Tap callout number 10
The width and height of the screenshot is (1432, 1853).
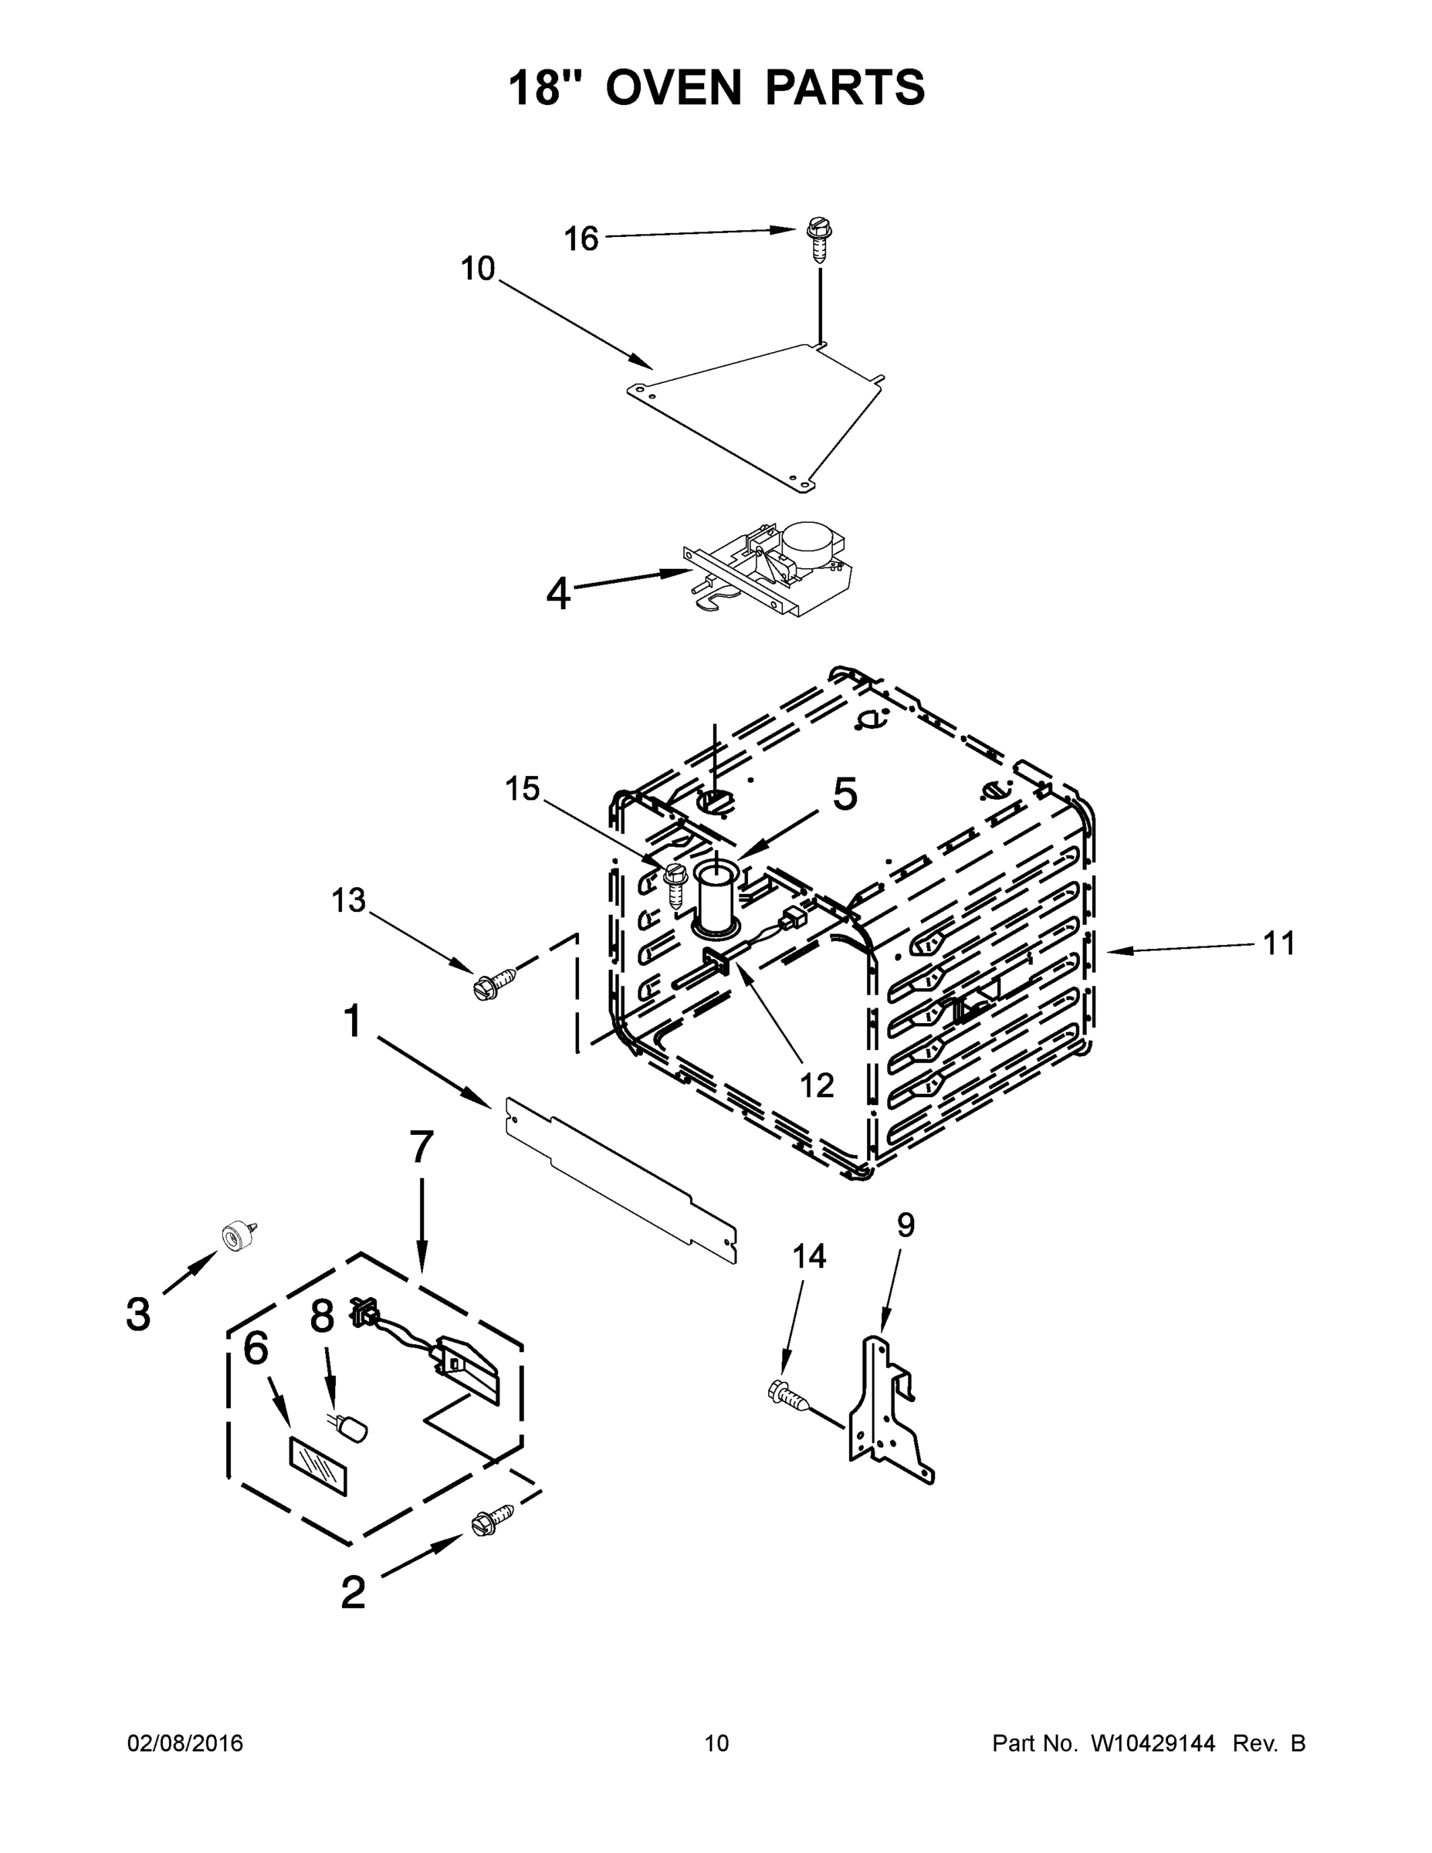[478, 269]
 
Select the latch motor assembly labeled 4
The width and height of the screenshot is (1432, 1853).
[768, 567]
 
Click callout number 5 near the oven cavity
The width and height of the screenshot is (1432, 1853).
[844, 794]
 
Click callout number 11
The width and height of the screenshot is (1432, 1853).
[1279, 943]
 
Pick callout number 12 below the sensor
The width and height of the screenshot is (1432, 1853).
[817, 1084]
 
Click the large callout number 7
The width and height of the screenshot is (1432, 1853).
[421, 1147]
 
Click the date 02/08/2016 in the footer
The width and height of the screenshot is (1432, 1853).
[185, 1743]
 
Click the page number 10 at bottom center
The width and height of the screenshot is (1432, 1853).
[716, 1743]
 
